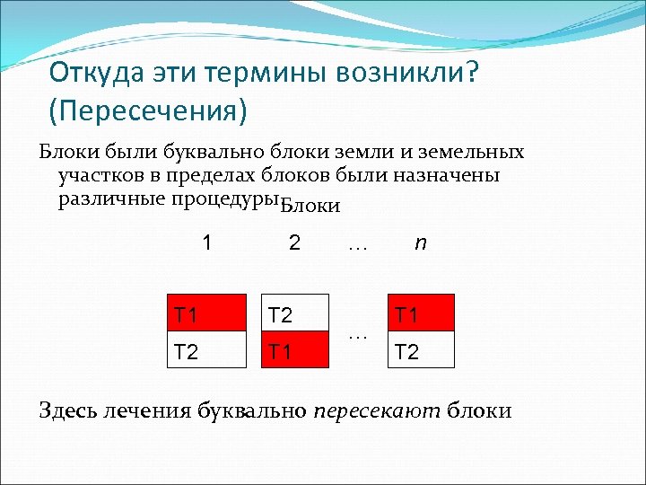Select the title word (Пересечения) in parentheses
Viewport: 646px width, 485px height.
[148, 112]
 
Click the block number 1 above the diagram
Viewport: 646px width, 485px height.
[208, 243]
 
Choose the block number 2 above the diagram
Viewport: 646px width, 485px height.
[294, 243]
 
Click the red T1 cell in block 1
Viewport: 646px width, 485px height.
[207, 313]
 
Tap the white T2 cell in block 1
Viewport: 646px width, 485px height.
[207, 350]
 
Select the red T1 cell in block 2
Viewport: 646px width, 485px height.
[294, 350]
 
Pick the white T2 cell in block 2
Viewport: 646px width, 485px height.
[294, 313]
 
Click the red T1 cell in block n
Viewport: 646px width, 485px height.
[421, 313]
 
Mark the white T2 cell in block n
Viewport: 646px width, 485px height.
[421, 350]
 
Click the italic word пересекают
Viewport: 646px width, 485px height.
[377, 411]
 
